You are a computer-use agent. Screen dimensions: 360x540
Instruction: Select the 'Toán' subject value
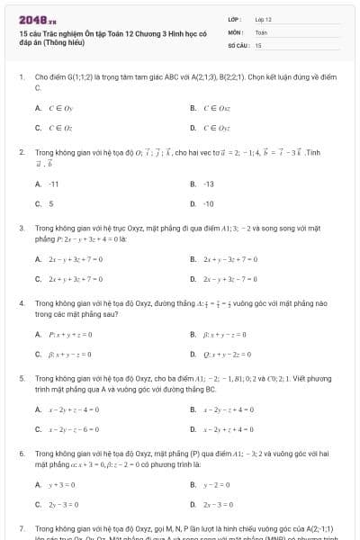[262, 31]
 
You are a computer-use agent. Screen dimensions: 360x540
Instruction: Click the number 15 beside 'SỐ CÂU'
[258, 44]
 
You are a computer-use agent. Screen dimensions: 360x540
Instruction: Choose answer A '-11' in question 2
[52, 184]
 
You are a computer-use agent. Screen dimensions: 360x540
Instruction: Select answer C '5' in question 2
[50, 203]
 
